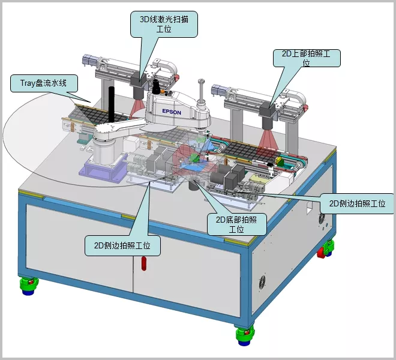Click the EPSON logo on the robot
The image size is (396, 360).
(172, 112)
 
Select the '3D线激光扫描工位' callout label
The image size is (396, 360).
(164, 24)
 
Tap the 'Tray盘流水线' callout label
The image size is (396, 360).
(44, 83)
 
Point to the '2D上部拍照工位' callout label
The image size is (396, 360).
(307, 58)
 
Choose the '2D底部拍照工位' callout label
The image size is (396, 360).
(236, 224)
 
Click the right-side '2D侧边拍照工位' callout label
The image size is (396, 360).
(357, 203)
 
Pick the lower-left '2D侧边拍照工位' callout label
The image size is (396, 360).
(122, 245)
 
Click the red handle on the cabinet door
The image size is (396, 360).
(144, 263)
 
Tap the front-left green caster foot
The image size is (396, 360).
(29, 286)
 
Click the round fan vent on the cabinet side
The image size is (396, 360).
(262, 283)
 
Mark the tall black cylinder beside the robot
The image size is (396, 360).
(112, 104)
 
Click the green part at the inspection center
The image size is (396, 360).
(194, 157)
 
